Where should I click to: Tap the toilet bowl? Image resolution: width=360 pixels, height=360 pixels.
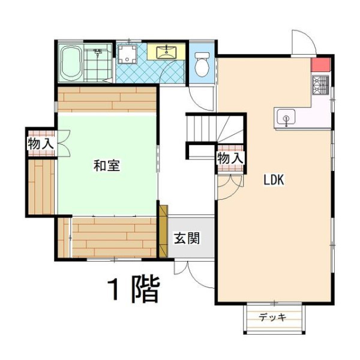click(x=202, y=64)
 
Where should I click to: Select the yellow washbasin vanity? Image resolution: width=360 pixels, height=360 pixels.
click(x=166, y=52)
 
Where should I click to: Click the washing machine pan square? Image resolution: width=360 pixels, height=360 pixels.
click(x=127, y=54)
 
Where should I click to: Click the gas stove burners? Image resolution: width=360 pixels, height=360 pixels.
click(x=320, y=85)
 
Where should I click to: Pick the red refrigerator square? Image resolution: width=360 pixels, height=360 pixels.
click(x=320, y=65)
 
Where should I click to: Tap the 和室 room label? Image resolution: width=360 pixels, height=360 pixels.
click(x=107, y=166)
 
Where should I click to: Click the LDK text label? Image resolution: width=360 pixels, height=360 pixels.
click(x=274, y=180)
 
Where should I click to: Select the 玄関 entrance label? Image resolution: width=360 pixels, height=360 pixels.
click(x=187, y=238)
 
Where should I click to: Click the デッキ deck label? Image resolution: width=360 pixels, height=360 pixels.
click(x=273, y=317)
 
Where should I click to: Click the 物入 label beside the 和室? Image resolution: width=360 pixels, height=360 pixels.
click(x=41, y=144)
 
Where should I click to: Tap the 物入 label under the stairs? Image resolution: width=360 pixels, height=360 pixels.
click(x=230, y=158)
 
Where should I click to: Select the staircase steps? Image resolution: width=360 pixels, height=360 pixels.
click(x=215, y=128)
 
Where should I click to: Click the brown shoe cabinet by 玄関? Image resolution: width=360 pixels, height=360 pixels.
click(x=163, y=231)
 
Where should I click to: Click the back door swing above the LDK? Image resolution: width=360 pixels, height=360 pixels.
click(x=304, y=43)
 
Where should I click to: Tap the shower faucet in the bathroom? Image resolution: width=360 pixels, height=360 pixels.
click(x=98, y=52)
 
